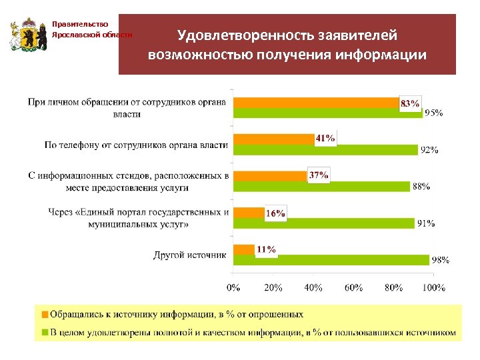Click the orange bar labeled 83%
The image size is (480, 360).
[x=317, y=103]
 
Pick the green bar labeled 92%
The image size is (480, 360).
[x=326, y=149]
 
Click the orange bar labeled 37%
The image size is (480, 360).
[x=271, y=175]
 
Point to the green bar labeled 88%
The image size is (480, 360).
[x=322, y=186]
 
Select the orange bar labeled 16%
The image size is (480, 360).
[x=249, y=212]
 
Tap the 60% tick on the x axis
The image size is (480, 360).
[x=354, y=288]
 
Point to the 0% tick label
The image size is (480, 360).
[x=234, y=288]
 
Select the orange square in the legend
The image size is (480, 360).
[x=45, y=313]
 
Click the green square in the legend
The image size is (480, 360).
[x=45, y=331]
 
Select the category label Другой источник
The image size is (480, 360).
[x=190, y=255]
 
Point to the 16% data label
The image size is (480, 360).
[x=275, y=213]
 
